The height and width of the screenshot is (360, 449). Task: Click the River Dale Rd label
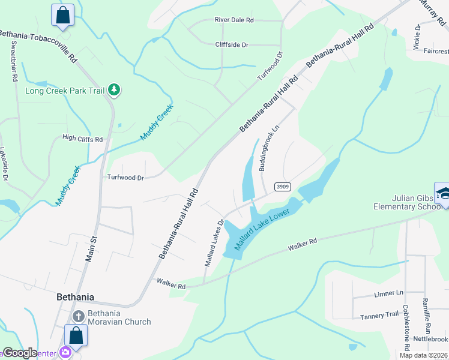coord(234,20)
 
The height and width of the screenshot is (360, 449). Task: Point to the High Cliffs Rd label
coord(83,139)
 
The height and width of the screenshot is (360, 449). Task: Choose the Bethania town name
coord(75,296)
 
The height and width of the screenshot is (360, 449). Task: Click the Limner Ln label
coord(388,293)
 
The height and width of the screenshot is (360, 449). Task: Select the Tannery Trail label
coord(379,315)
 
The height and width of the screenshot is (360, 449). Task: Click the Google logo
coord(20,353)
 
